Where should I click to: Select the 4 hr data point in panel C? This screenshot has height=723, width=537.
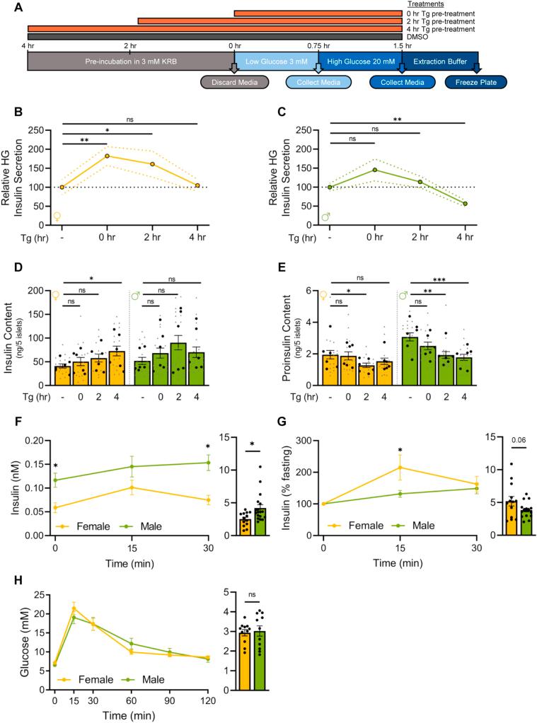465,204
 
